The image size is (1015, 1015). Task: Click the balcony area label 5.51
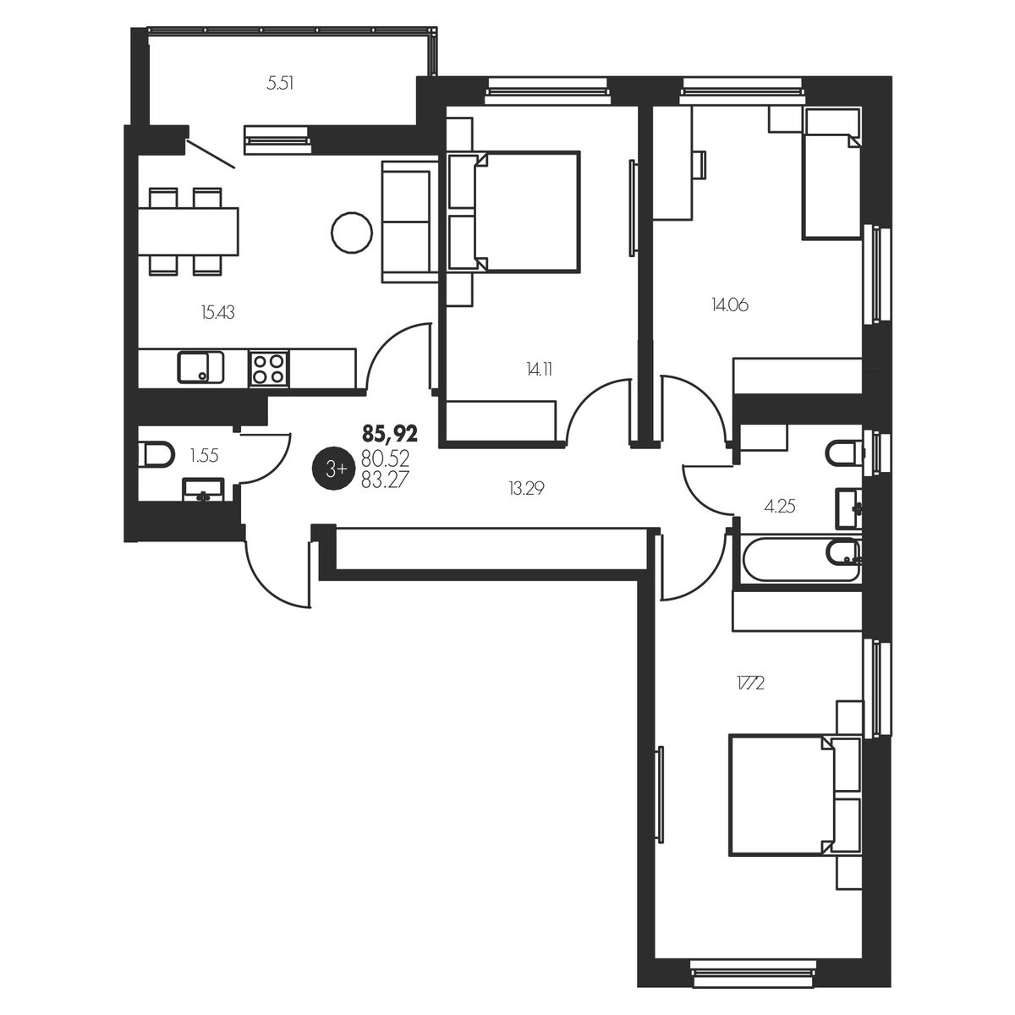[280, 83]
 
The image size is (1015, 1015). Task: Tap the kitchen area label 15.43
[217, 313]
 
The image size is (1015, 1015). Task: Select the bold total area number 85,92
[390, 435]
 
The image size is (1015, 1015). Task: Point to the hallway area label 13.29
[526, 490]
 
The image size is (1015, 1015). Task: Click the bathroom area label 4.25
[780, 507]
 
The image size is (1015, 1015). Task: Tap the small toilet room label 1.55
[205, 456]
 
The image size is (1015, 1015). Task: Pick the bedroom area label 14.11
[540, 370]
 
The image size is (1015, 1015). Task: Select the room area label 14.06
[729, 305]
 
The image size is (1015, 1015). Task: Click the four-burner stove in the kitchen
[269, 368]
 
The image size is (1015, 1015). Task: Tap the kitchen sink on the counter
[200, 367]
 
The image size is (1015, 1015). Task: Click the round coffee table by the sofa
[352, 232]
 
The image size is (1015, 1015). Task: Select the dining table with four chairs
[188, 231]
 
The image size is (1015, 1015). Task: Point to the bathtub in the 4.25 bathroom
[799, 559]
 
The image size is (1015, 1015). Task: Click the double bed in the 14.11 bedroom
[514, 211]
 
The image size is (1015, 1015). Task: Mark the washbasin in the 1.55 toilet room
[203, 490]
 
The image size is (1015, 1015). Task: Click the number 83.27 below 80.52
[385, 480]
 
